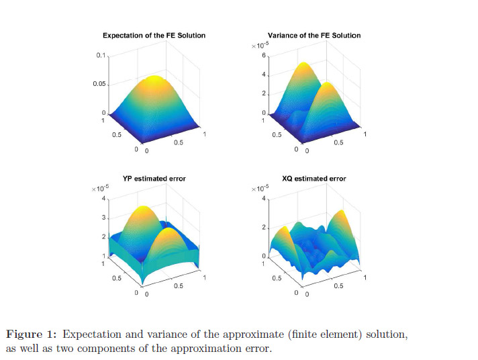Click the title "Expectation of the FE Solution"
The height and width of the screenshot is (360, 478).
154,35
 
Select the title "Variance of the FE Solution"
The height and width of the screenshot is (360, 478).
314,35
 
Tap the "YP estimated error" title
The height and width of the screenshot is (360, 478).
154,179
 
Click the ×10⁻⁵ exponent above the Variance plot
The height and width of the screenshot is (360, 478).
260,46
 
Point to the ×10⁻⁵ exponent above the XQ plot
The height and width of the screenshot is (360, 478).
260,189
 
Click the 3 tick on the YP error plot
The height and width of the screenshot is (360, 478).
104,218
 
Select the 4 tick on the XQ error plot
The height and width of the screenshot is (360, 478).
265,199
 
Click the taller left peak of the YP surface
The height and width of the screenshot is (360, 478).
143,208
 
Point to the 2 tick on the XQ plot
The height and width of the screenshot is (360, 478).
265,228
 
